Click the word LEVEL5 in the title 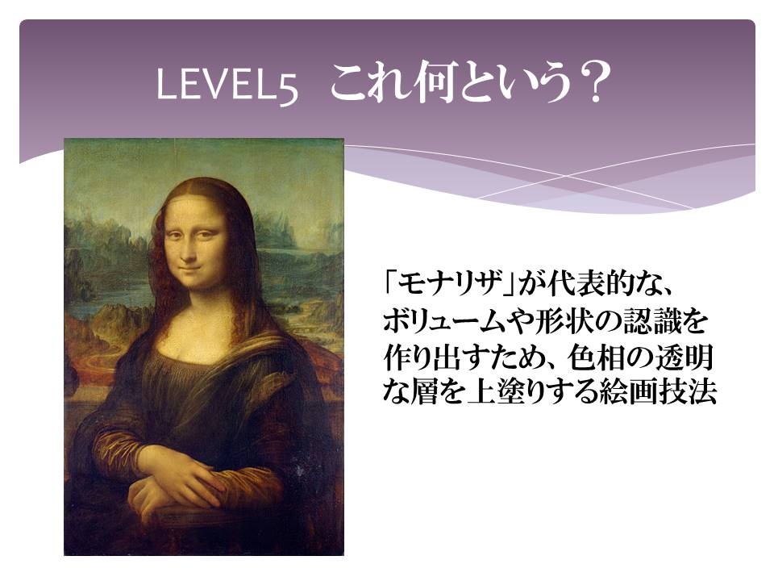pos(227,85)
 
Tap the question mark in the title pos(591,82)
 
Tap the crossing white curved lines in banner pos(567,175)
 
